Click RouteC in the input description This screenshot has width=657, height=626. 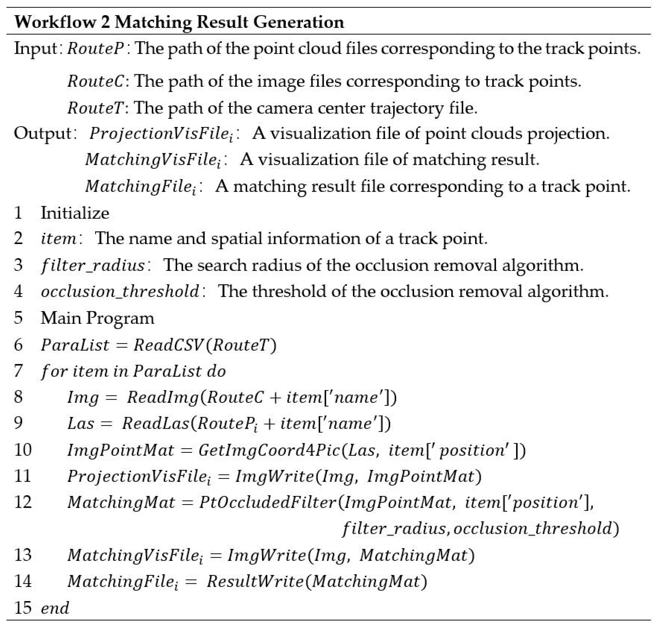coord(96,81)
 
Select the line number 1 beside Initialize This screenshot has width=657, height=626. coord(18,213)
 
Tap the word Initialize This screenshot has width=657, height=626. coord(75,213)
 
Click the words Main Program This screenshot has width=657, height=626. coord(97,318)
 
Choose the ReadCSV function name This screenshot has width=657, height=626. coord(168,345)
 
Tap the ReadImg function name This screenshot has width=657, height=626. coord(162,397)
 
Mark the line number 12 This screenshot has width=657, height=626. coord(23,502)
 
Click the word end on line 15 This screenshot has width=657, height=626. coord(55,608)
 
